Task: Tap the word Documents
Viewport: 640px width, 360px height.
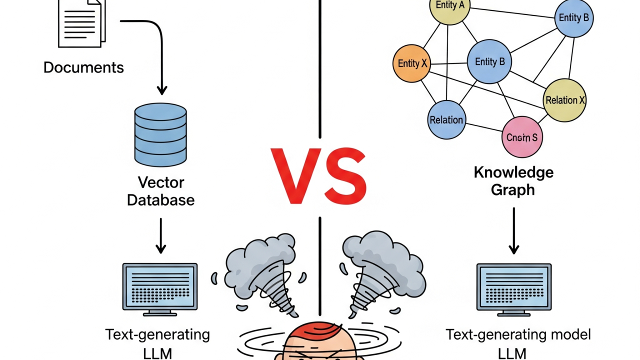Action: point(83,67)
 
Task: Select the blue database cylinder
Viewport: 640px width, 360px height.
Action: point(160,134)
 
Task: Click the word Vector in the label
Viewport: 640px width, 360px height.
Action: point(161,182)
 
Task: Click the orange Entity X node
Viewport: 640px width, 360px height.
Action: point(412,63)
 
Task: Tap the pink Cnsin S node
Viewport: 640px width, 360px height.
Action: point(521,136)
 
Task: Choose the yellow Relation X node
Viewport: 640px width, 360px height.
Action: point(564,100)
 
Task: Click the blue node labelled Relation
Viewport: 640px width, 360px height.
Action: point(446,120)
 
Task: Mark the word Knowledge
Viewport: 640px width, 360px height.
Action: point(513,172)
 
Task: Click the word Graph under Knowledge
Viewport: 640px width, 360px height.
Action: point(513,190)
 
